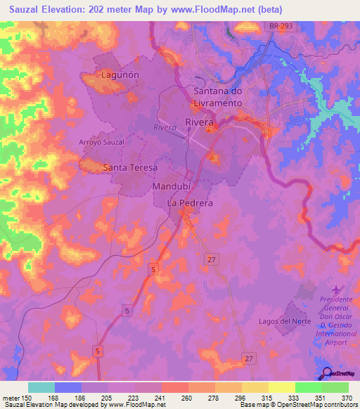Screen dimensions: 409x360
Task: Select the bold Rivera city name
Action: (199, 122)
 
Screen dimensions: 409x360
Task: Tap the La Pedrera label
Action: (189, 202)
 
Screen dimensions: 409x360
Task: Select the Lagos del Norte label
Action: (285, 321)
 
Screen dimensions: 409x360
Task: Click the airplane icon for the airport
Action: (335, 289)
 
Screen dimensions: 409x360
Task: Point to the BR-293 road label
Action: (286, 25)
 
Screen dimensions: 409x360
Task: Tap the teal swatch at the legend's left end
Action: (41, 387)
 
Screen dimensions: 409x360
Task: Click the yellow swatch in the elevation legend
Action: (282, 387)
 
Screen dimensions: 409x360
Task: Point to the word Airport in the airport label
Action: (335, 335)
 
